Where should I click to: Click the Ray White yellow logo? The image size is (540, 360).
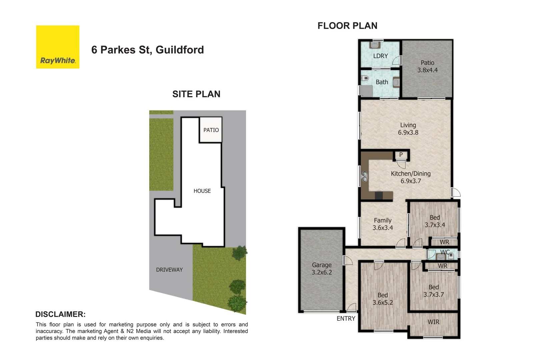click(x=58, y=47)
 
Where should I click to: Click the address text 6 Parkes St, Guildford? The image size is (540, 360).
click(x=147, y=50)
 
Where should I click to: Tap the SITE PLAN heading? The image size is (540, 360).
click(x=196, y=94)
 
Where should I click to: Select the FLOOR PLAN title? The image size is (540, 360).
click(x=347, y=26)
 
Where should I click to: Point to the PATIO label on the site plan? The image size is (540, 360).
click(x=211, y=130)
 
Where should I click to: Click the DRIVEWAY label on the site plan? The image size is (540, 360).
click(x=169, y=270)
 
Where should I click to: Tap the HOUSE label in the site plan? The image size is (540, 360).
click(x=202, y=191)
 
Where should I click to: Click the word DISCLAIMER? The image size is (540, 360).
click(x=60, y=314)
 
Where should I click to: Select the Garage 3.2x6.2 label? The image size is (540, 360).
click(x=322, y=269)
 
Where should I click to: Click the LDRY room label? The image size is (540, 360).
click(x=380, y=56)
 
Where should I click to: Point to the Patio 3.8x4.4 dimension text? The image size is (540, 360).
click(x=427, y=70)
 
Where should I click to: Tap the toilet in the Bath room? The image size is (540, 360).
click(x=365, y=78)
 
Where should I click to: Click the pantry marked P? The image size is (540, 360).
click(x=401, y=155)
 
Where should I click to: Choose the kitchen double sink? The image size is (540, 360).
click(x=365, y=177)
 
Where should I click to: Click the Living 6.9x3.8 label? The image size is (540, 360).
click(x=408, y=129)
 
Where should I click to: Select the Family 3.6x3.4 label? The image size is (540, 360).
click(x=383, y=224)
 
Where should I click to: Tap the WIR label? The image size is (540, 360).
click(x=433, y=322)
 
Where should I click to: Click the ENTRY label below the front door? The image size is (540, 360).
click(x=346, y=319)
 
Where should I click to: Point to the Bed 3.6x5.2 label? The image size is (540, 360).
click(x=383, y=299)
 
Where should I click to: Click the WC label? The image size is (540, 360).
click(x=445, y=252)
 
